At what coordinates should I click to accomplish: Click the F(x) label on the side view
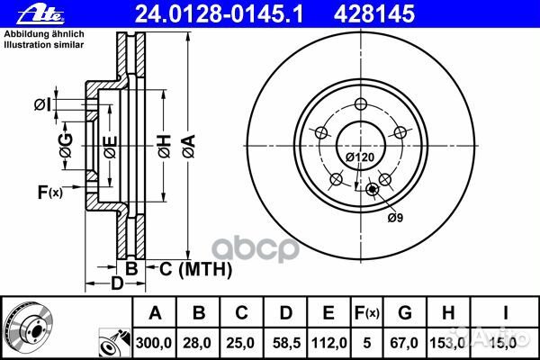pos(49,191)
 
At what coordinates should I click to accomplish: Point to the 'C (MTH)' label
pos(196,268)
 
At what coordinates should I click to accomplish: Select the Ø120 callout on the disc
pos(360,157)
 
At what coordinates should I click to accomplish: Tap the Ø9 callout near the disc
pos(393,217)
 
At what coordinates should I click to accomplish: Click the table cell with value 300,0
pos(155,343)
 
